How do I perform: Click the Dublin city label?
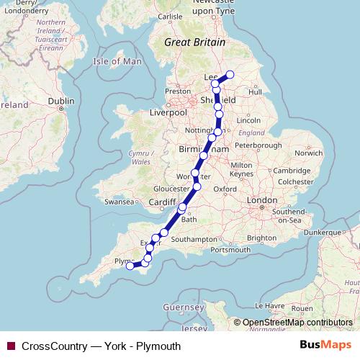(60, 102)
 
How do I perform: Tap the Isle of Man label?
(118, 62)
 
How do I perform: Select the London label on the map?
(257, 199)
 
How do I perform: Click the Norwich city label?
(308, 153)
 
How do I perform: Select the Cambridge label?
(292, 171)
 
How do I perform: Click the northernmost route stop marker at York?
(230, 74)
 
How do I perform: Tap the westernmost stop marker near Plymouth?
(130, 266)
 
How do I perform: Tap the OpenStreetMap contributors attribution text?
(297, 323)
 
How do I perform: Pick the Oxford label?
(225, 189)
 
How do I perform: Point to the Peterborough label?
(258, 145)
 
